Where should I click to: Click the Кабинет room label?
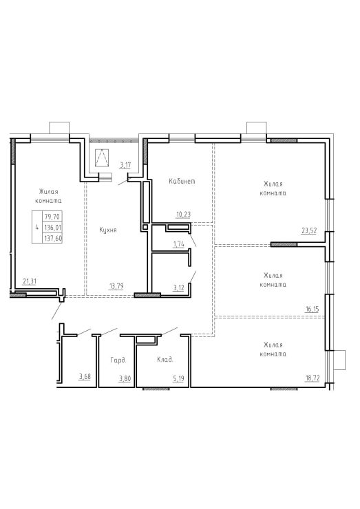[182, 181]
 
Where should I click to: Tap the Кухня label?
[108, 230]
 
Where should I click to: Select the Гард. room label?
[118, 360]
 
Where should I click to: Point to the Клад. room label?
[165, 360]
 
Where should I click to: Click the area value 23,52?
[308, 231]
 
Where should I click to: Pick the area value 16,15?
[312, 309]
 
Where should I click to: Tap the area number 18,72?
[313, 378]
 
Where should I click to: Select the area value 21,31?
[29, 281]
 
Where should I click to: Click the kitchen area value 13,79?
[116, 286]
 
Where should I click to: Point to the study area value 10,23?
[183, 214]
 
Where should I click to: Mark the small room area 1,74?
[179, 244]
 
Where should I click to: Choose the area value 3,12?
[179, 288]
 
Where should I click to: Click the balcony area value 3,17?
[125, 165]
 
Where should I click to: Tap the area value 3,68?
[85, 376]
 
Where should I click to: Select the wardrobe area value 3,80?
[125, 378]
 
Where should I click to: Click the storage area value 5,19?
[178, 378]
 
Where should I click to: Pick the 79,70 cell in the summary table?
[53, 217]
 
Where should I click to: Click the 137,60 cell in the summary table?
[53, 238]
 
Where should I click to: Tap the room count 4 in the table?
[37, 227]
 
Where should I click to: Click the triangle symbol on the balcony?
[102, 158]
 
